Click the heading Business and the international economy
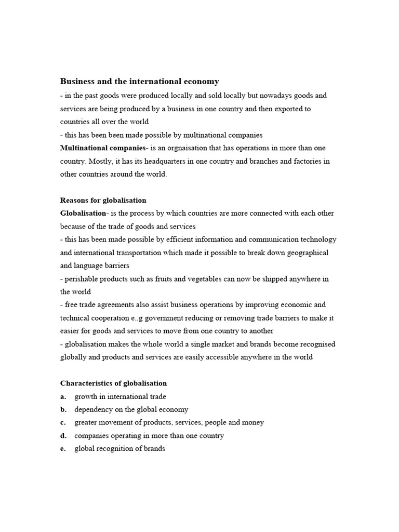[x=140, y=82]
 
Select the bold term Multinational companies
[x=103, y=148]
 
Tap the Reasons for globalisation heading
[x=103, y=200]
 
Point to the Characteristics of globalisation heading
[x=113, y=383]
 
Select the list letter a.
[x=63, y=397]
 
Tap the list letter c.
[x=63, y=423]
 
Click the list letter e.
[x=63, y=449]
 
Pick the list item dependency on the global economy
[x=131, y=410]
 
